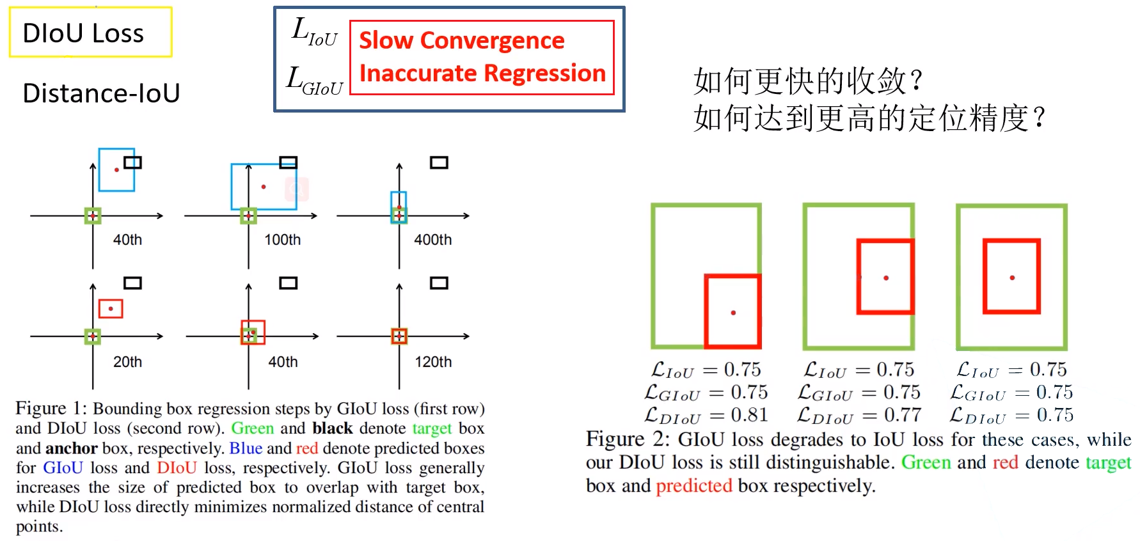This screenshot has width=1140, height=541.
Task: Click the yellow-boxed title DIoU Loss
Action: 84,33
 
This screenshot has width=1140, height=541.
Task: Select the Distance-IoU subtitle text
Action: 101,93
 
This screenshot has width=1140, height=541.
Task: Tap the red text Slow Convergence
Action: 461,40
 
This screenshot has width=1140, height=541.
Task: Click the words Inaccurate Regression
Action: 482,74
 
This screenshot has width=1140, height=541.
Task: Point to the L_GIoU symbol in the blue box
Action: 314,81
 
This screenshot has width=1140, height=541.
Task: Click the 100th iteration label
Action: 282,240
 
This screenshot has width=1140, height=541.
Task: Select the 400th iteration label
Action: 432,240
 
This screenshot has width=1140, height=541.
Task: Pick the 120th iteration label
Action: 433,362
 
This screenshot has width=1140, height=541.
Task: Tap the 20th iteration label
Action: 127,362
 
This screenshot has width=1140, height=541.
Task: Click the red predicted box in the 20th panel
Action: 111,309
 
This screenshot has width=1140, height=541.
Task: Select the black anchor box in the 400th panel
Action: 439,162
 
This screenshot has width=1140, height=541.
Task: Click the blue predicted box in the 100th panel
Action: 264,187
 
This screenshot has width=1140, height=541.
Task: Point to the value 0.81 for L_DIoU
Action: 749,415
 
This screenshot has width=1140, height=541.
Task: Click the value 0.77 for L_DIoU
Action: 902,415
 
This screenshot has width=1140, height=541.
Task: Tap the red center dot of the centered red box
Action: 1012,278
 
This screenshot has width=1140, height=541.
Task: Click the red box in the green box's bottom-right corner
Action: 732,311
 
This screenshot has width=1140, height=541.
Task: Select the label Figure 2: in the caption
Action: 627,439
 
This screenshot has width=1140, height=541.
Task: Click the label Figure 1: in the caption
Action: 51,409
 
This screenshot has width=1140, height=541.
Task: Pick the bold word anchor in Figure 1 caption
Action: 71,448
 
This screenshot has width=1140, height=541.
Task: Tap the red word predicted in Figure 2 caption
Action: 693,486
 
